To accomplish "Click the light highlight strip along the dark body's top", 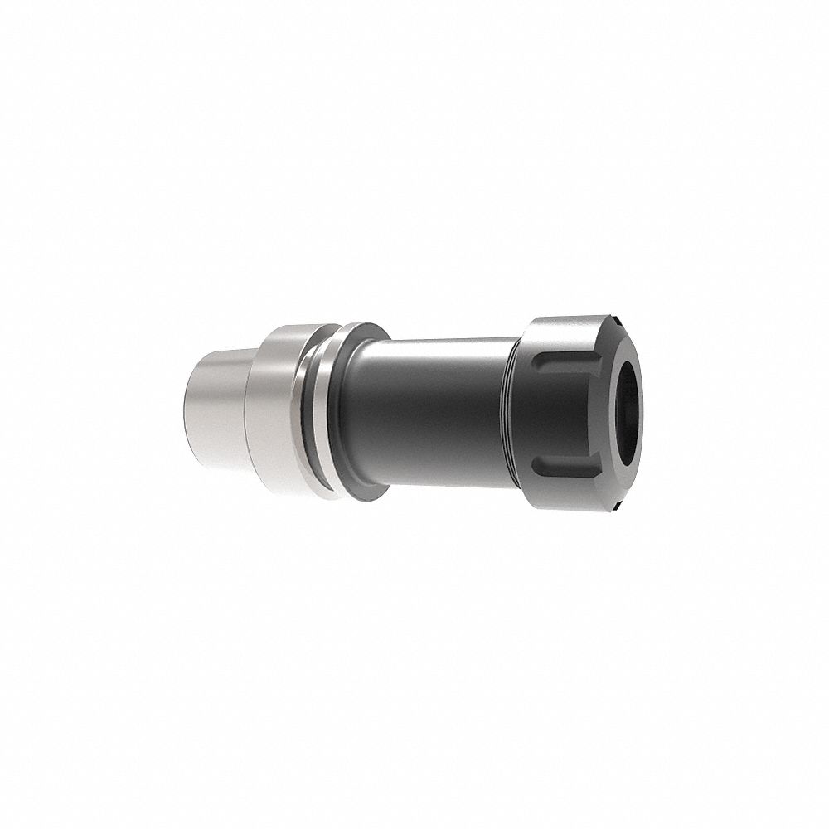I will click(431, 342).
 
